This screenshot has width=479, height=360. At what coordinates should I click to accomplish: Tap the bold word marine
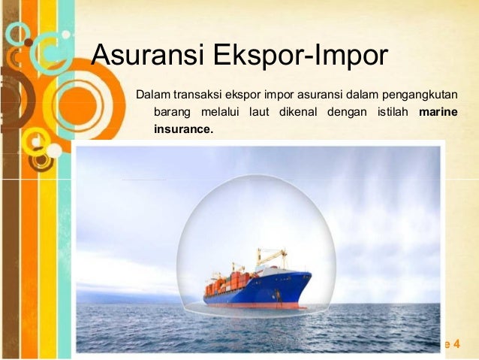[439, 113]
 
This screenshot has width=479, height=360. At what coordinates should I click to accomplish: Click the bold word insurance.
[183, 129]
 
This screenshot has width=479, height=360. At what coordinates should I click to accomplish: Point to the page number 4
[456, 344]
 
